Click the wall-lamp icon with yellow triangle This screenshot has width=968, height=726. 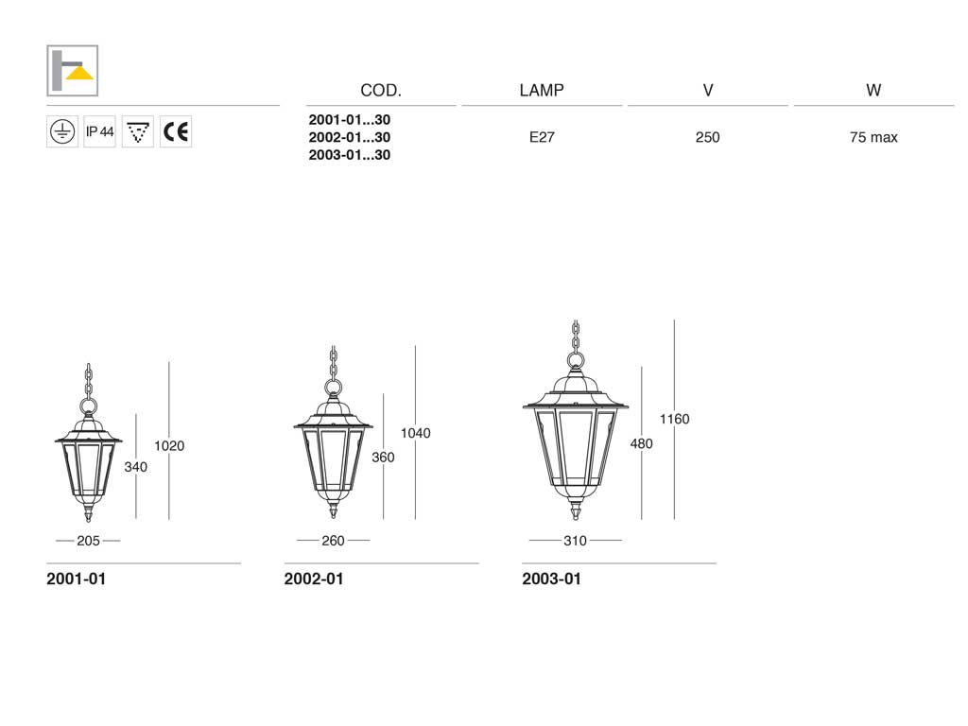coord(72,70)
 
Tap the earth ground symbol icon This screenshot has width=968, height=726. coord(62,131)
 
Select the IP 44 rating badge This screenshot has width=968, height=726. coord(99,131)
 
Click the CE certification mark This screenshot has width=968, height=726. coord(176,131)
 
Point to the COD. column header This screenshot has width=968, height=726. coord(381,91)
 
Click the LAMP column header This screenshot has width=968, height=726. coord(542,91)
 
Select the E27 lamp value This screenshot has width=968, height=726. coord(542,137)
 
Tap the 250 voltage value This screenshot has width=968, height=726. coord(707,137)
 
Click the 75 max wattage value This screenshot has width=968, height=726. coord(873,137)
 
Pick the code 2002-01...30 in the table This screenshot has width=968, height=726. coord(350,137)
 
